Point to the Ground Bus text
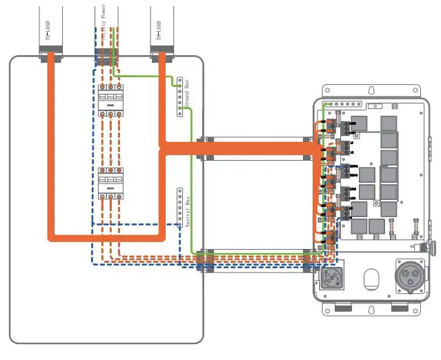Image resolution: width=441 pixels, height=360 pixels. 187,94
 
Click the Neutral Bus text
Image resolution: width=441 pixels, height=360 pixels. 187,210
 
